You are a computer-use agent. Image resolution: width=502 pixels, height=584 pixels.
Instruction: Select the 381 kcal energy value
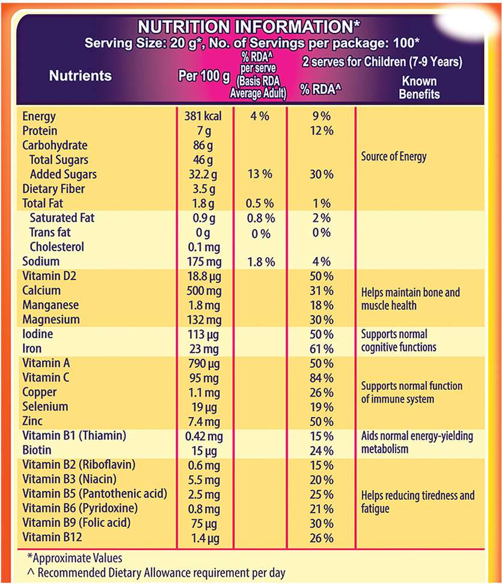[203, 116]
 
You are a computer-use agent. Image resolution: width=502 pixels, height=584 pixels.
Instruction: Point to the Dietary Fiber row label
[54, 189]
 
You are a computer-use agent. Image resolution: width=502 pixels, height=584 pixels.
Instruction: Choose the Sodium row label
[41, 261]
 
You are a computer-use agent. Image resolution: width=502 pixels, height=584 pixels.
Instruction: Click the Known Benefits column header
[418, 87]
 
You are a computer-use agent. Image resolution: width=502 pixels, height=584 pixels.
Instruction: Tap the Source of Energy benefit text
[394, 157]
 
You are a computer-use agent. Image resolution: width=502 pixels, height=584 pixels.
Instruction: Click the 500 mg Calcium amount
[203, 291]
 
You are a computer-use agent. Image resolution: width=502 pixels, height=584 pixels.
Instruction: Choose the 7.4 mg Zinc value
[203, 421]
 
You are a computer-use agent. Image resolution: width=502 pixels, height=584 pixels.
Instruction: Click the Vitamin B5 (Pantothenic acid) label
[94, 494]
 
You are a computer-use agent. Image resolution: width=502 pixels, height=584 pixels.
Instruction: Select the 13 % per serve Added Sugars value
[260, 174]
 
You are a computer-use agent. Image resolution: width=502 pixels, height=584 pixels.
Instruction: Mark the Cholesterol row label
[57, 247]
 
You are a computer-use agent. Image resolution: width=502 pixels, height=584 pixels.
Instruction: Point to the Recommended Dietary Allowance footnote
[156, 573]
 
